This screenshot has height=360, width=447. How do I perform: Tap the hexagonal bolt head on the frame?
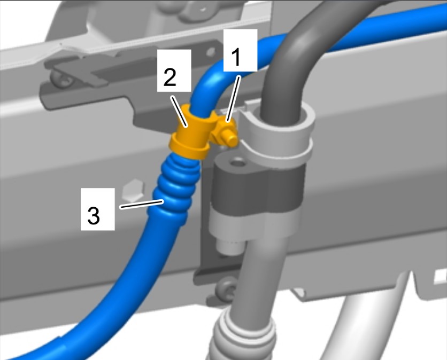click(x=133, y=190)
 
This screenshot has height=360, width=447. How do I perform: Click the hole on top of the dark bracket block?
click(x=237, y=163)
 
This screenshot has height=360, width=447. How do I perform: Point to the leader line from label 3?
click(x=142, y=204)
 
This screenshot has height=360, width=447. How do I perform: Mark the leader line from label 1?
click(x=233, y=99)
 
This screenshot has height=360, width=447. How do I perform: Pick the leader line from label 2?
click(x=179, y=111)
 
